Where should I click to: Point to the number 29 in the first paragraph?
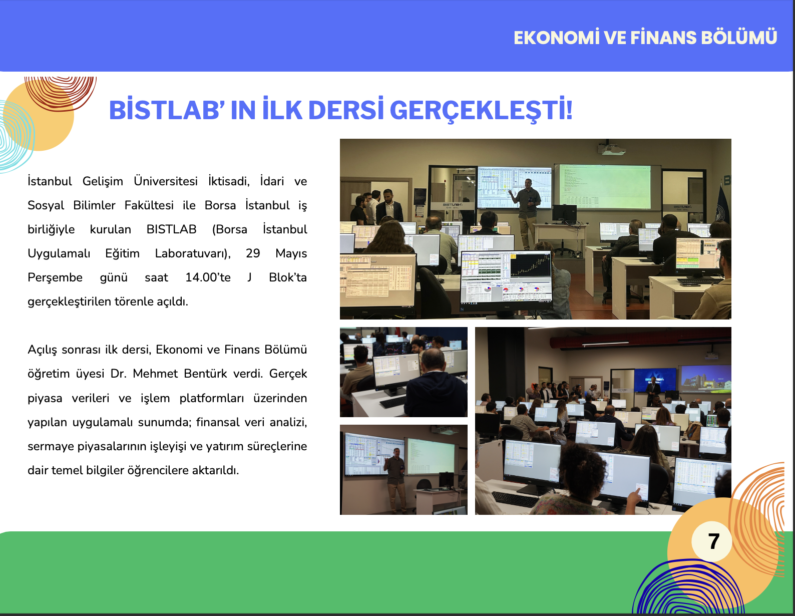[x=252, y=253]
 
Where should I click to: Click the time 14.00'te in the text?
[x=208, y=277]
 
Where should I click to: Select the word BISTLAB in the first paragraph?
[x=171, y=229]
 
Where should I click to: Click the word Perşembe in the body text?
[x=55, y=278]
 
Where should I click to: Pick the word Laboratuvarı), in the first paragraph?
[x=193, y=253]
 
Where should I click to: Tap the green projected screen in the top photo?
[x=605, y=186]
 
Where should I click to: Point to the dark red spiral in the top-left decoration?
[x=61, y=92]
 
